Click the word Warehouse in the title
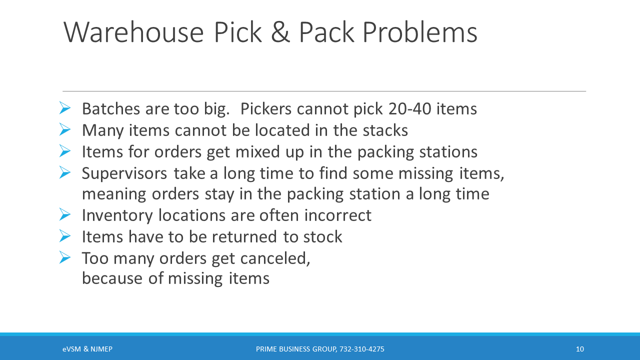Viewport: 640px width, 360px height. click(x=133, y=32)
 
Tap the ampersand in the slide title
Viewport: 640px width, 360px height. click(x=280, y=32)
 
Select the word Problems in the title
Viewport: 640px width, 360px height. click(x=420, y=32)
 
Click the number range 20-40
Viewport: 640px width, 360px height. click(x=409, y=109)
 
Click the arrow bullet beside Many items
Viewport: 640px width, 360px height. click(x=65, y=129)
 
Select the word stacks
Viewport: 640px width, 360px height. click(x=385, y=130)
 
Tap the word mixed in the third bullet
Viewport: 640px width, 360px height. click(x=257, y=151)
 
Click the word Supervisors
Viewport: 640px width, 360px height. click(x=124, y=173)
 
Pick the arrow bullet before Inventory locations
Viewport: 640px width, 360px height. click(x=65, y=214)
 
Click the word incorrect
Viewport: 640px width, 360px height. click(x=337, y=215)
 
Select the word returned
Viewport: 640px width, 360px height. click(x=244, y=237)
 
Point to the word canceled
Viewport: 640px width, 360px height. click(x=275, y=258)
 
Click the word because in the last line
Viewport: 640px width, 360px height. click(x=112, y=278)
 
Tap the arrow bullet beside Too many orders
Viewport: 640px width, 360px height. click(x=65, y=257)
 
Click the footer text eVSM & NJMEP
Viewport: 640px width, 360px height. click(x=87, y=349)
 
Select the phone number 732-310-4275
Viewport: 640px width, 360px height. click(x=361, y=349)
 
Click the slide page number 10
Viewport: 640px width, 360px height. click(x=579, y=349)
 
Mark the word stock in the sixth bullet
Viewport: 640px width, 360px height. click(x=322, y=237)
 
